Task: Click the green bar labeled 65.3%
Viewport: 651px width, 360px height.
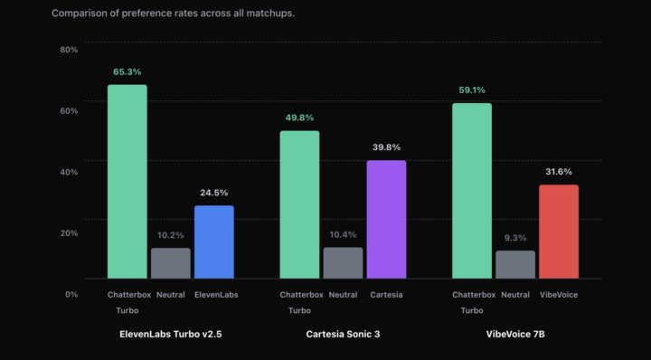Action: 127,181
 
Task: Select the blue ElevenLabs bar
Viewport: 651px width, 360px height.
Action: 214,242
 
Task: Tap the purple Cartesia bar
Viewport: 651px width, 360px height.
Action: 386,219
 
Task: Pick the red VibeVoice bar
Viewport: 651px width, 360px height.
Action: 559,232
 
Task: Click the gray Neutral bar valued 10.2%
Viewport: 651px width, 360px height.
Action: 171,263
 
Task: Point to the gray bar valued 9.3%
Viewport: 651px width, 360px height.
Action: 515,264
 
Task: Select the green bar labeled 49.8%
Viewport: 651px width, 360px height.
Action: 299,204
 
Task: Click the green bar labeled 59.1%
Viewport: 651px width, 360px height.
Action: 472,190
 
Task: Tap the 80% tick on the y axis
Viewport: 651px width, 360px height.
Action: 69,49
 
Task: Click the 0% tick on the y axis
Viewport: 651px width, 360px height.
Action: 71,294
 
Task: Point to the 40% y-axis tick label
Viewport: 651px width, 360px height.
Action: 69,172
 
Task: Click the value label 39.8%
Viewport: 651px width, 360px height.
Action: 386,147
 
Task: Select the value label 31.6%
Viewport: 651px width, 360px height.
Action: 559,172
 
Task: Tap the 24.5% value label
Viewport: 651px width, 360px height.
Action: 214,193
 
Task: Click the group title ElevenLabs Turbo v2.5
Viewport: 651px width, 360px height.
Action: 171,334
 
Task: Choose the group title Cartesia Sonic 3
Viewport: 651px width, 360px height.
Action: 343,334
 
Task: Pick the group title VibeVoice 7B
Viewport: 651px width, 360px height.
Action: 515,334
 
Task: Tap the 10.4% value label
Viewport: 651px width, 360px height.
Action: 343,234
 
